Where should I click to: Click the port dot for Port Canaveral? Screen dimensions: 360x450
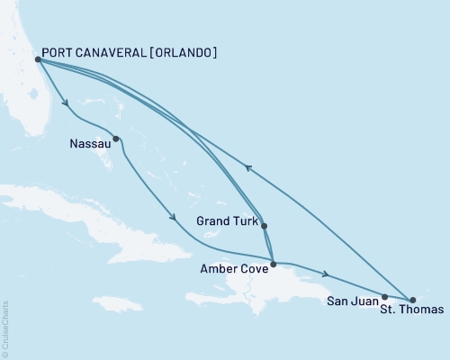36,59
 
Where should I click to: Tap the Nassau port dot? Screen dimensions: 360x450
116,139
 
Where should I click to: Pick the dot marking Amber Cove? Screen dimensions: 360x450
273,264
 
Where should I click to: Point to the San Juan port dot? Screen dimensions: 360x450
384,296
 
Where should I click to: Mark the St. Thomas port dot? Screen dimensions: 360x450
412,299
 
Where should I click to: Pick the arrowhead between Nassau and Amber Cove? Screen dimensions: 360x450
170,215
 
